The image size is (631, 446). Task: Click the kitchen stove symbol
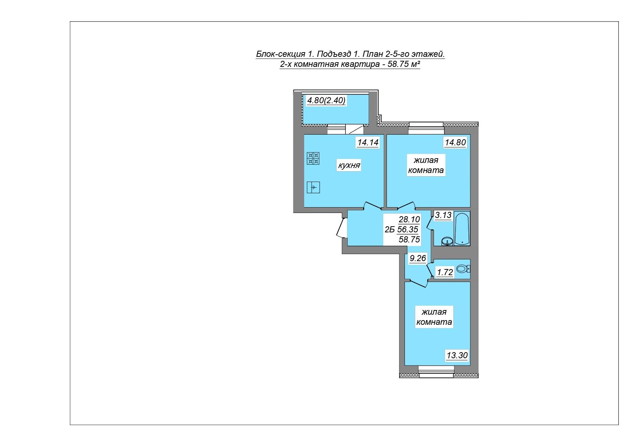coord(313,158)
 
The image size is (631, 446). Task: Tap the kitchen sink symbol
coord(313,187)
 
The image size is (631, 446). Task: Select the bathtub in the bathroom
coord(462,228)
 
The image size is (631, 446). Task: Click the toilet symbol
coord(463,269)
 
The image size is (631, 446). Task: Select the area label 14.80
coord(455,142)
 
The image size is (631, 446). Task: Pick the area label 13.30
coord(457,356)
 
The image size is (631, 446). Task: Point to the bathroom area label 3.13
coord(443,215)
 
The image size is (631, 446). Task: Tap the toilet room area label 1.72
coord(444,272)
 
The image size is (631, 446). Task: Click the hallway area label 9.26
coord(418,258)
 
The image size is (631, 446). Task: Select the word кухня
coord(348,165)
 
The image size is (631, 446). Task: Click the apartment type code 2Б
coord(389,230)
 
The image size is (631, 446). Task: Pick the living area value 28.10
coord(409,219)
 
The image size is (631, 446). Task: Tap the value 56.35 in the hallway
coord(408,229)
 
